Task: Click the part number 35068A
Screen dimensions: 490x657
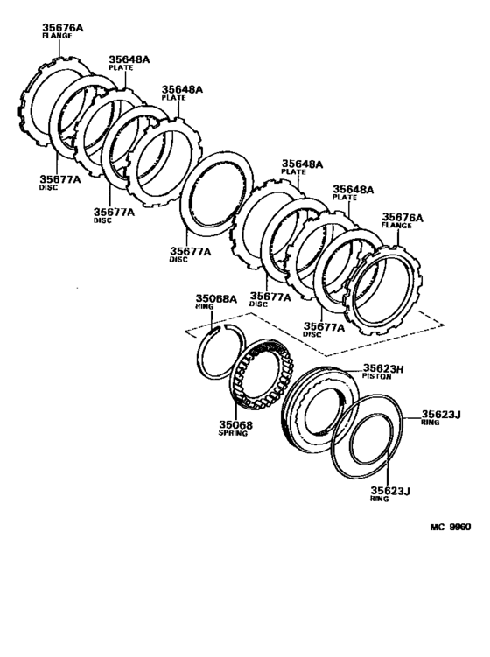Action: [x=216, y=298]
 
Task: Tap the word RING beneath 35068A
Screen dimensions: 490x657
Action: [x=204, y=306]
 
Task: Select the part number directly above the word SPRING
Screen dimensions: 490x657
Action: [x=235, y=425]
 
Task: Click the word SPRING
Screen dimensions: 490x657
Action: [x=233, y=433]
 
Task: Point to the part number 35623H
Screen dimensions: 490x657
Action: [x=383, y=368]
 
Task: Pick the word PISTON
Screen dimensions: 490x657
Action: [x=377, y=376]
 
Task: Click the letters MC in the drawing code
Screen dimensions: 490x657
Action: [x=437, y=527]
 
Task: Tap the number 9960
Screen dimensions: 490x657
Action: [x=460, y=527]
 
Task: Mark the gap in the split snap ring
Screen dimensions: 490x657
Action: [x=219, y=328]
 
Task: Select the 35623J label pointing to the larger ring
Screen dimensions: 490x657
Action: [x=441, y=415]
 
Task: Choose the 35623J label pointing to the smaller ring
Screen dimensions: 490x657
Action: [x=390, y=491]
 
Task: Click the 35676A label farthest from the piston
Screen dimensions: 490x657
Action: [x=63, y=28]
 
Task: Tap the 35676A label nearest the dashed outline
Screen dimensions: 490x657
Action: [x=402, y=218]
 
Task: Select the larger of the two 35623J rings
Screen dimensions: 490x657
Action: [x=367, y=437]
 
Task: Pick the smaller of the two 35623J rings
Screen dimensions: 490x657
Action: [x=371, y=439]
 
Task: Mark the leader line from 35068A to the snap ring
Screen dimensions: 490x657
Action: [x=210, y=318]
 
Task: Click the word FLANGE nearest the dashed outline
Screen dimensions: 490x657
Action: [x=396, y=226]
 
